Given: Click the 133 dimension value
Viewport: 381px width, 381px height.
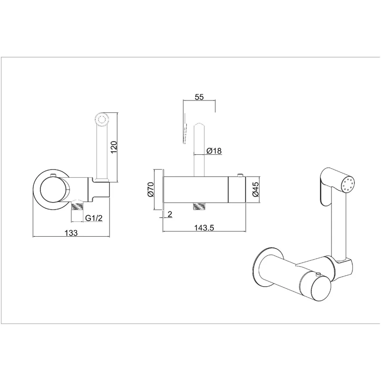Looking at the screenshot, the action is pyautogui.click(x=71, y=233).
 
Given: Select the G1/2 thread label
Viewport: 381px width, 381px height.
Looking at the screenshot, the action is pyautogui.click(x=94, y=218).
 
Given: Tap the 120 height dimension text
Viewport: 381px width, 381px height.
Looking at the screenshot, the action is pyautogui.click(x=114, y=147).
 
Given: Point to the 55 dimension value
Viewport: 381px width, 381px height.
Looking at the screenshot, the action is pyautogui.click(x=199, y=97).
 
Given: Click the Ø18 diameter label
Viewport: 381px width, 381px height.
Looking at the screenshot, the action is pyautogui.click(x=214, y=151).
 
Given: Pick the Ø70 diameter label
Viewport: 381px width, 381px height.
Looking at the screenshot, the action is pyautogui.click(x=150, y=189).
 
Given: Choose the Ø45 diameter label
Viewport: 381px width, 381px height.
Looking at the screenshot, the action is pyautogui.click(x=255, y=189).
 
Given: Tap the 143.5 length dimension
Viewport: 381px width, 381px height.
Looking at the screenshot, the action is pyautogui.click(x=204, y=228).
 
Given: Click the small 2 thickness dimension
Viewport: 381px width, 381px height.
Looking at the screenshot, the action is pyautogui.click(x=170, y=214).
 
